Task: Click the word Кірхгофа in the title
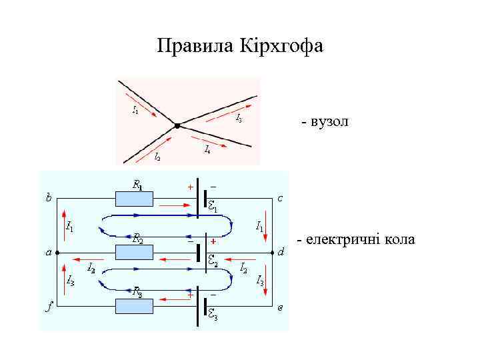(x=285, y=46)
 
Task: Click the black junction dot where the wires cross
(x=177, y=125)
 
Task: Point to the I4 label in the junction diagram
(x=208, y=149)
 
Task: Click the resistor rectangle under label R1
(x=134, y=199)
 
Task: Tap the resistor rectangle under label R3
(x=134, y=306)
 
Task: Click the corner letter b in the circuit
(x=48, y=197)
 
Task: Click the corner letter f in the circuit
(x=49, y=308)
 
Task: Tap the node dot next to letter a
(x=58, y=253)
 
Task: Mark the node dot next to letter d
(x=273, y=253)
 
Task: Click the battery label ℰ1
(x=213, y=207)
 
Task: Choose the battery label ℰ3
(x=212, y=317)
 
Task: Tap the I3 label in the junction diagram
(x=239, y=119)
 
